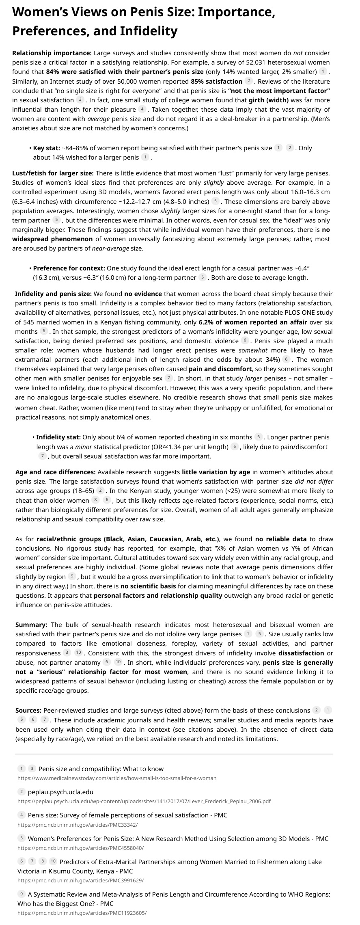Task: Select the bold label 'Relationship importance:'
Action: click(x=52, y=53)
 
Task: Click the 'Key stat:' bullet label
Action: click(x=46, y=148)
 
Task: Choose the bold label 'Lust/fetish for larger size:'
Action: click(x=53, y=173)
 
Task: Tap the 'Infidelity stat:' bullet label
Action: click(x=58, y=437)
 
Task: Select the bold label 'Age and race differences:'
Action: click(x=56, y=472)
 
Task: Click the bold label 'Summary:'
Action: click(x=31, y=625)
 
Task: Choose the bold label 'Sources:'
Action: click(x=28, y=710)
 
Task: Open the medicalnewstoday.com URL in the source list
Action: click(x=117, y=778)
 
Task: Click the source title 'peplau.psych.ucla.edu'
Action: click(x=60, y=792)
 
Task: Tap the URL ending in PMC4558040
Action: click(x=80, y=848)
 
